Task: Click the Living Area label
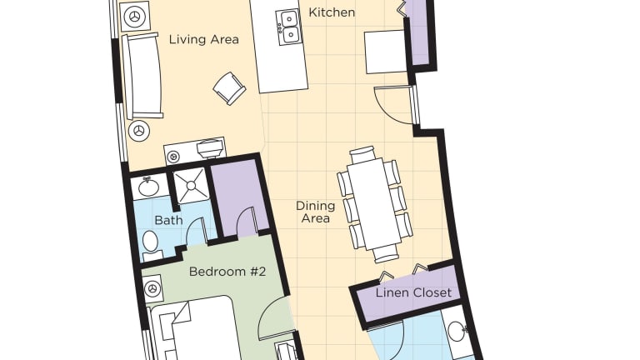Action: tap(203, 40)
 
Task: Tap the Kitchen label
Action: tap(332, 12)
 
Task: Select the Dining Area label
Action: tap(316, 212)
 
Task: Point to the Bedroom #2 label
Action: tap(227, 272)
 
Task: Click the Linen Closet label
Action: tap(413, 292)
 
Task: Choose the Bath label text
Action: tap(168, 220)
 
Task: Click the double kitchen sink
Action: tap(289, 27)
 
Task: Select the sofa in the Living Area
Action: tap(142, 76)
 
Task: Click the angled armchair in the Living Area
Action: tap(230, 88)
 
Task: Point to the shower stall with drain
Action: tap(191, 186)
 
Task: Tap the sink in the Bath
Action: tap(148, 187)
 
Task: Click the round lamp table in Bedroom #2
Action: tap(152, 289)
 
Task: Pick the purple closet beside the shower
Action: tap(240, 198)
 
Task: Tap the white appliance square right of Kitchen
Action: tap(386, 52)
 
